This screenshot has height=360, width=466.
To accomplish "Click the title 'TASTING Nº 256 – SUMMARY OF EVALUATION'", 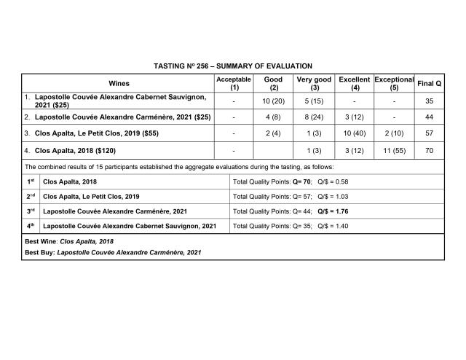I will [233, 66].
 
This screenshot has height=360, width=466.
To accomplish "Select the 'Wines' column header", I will [119, 83].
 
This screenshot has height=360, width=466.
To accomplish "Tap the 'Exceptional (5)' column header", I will [394, 83].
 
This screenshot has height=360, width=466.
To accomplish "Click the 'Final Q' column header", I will [429, 83].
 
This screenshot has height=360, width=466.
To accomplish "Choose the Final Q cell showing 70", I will [429, 151].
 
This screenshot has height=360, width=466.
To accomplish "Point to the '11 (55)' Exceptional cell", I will [394, 151].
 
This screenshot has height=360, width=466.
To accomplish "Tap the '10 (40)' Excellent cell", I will [355, 133].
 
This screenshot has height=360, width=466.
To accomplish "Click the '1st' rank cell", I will [30, 182].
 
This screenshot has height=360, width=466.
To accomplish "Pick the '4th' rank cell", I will [30, 226].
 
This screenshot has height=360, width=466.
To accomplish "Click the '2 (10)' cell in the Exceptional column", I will [394, 133].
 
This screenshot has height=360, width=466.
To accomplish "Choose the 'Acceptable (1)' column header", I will [234, 83].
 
